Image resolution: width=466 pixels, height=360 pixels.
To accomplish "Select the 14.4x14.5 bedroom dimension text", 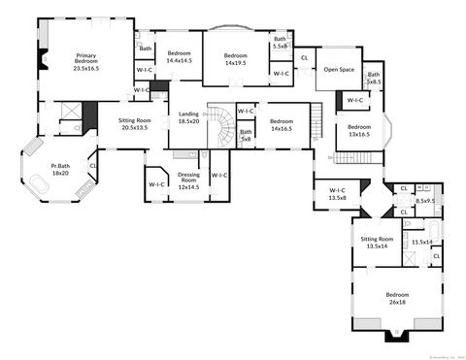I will pos(180,61).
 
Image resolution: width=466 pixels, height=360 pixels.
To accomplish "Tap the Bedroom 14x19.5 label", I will pos(236,60).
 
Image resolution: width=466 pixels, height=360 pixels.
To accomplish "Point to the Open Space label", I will pos(338,69).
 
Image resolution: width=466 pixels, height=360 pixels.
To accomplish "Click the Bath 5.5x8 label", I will pos(280,42).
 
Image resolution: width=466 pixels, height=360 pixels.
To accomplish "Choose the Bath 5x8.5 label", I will pos(374,79).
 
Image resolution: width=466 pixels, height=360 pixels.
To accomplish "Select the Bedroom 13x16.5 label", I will pos(359,131).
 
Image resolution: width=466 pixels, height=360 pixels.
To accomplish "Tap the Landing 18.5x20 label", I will pos(188,118).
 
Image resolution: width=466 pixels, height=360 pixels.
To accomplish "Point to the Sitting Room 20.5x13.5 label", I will pos(134,123).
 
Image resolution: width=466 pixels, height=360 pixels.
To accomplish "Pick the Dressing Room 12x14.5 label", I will pos(188,180).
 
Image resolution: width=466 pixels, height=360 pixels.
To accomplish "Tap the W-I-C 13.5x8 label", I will pos(338,193).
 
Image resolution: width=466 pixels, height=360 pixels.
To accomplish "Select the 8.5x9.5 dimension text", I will pos(424,201).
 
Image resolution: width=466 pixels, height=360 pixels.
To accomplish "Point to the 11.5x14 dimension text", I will pos(421,242).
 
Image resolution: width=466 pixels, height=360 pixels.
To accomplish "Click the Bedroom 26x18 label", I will pos(398,297).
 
